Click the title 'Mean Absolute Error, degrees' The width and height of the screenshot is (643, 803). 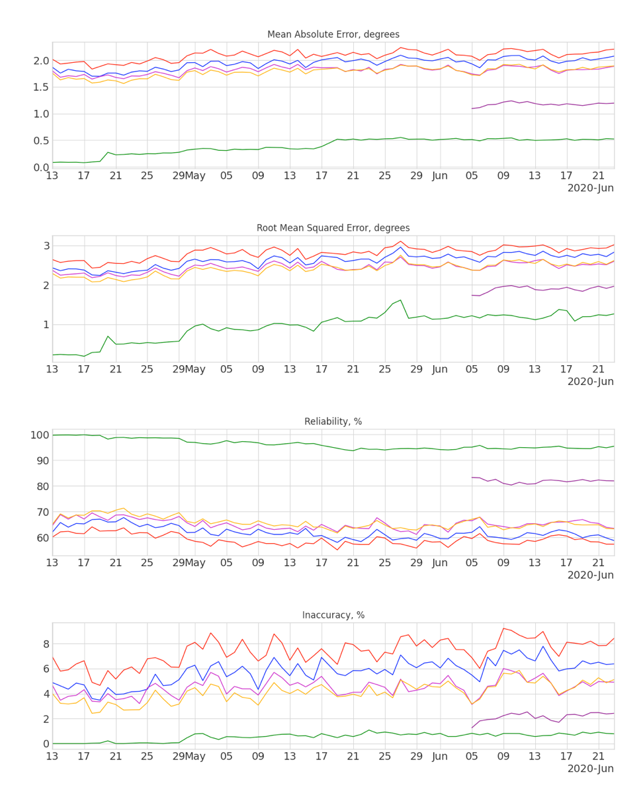click(333, 34)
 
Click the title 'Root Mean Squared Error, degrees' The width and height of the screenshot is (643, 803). click(333, 228)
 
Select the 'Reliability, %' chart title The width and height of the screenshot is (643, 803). click(333, 422)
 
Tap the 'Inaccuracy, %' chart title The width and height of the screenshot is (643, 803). click(333, 615)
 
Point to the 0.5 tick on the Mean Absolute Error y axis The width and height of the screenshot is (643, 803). click(38, 141)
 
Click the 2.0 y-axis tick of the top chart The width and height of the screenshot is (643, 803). click(38, 61)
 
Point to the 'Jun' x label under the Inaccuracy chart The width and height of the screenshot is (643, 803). click(440, 755)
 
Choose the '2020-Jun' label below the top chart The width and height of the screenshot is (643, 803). click(590, 189)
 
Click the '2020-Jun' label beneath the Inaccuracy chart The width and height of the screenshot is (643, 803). click(590, 769)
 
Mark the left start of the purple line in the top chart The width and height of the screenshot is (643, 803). click(472, 108)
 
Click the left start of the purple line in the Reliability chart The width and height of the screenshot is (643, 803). click(472, 478)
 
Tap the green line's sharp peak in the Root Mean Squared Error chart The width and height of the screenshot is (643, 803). click(400, 300)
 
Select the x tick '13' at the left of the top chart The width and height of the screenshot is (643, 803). click(52, 175)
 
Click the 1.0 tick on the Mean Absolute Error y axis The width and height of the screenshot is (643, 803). click(38, 114)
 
